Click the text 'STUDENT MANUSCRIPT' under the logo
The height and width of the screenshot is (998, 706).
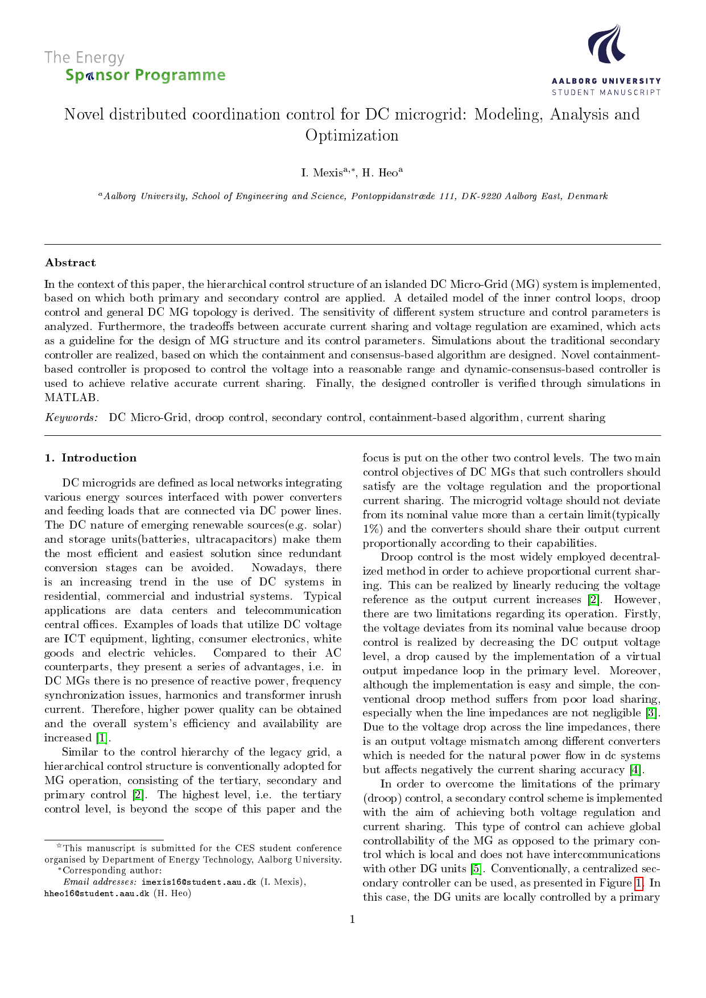coord(606,92)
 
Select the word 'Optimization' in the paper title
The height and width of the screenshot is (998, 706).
coord(352,135)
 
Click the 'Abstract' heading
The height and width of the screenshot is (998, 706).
coord(71,263)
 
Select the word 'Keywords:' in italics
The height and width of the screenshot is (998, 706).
coord(72,418)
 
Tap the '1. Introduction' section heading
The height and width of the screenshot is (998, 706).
coord(91,458)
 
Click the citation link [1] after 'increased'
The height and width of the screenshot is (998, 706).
coord(101,739)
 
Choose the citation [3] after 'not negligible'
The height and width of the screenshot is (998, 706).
coord(651,713)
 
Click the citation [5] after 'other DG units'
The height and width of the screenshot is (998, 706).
coord(476,869)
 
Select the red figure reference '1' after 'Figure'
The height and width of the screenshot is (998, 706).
coord(639,883)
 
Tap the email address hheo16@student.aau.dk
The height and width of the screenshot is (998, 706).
coord(97,893)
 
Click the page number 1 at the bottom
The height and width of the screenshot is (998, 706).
coord(352,919)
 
